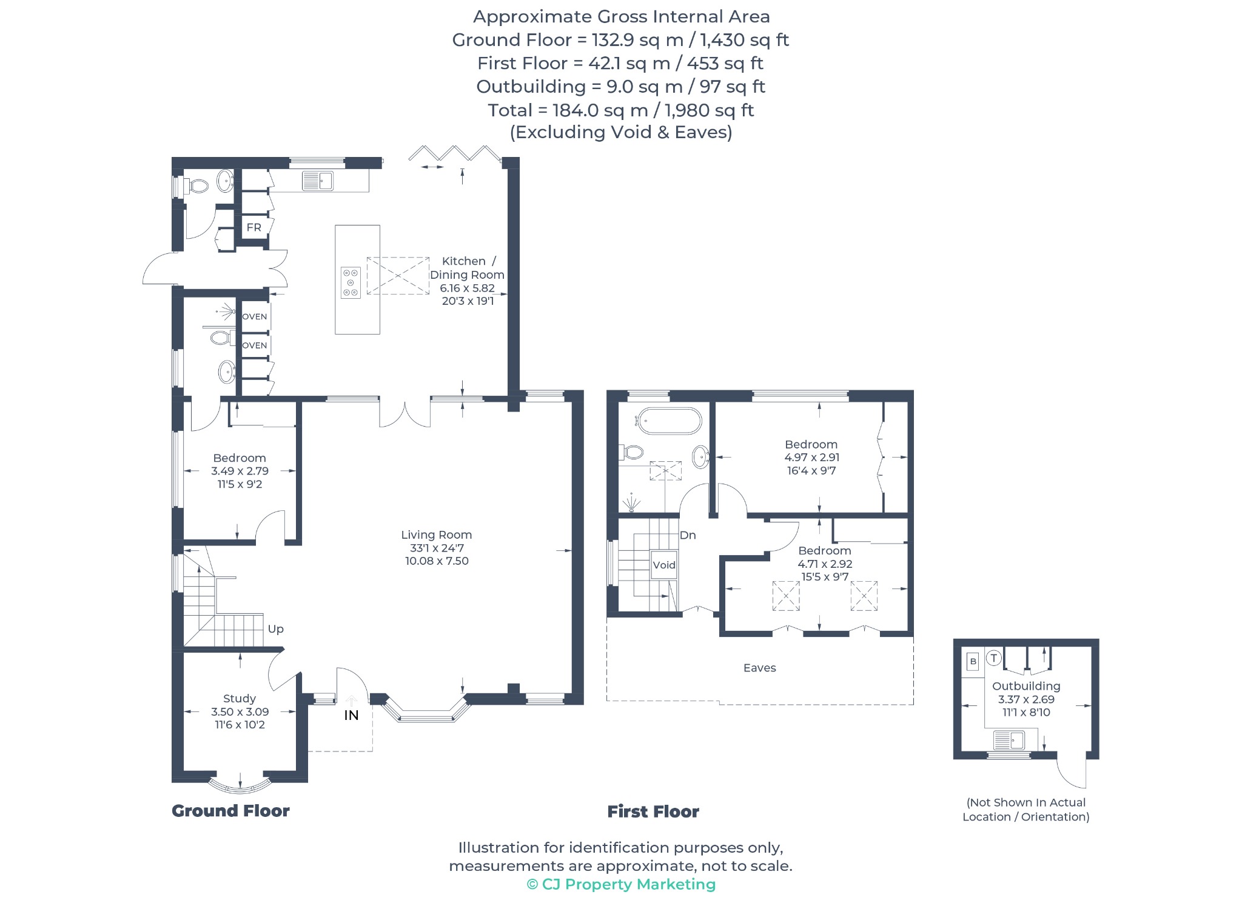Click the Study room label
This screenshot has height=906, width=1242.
239,699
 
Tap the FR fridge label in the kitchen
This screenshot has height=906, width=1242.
254,227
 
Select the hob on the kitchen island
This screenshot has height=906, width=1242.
351,282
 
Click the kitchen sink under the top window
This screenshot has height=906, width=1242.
318,181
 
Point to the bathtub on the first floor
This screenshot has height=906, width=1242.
668,421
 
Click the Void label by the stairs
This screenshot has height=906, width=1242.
664,565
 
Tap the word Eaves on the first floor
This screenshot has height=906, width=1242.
760,668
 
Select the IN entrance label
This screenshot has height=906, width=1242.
351,715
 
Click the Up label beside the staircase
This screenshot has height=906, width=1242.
276,629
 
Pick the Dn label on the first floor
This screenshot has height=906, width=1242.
688,535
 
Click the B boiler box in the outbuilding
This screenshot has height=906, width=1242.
973,661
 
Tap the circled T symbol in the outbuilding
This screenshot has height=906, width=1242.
993,658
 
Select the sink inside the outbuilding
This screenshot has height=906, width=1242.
1009,740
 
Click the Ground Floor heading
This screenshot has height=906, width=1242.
230,811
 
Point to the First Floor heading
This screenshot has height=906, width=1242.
653,811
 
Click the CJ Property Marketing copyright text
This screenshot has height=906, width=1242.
621,884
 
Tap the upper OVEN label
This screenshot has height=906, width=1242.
255,316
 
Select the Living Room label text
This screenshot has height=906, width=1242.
437,535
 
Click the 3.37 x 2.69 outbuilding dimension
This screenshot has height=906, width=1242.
1026,699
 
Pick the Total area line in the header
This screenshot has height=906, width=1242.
621,110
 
